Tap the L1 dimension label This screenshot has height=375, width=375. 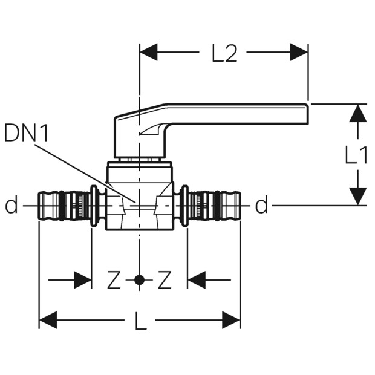(x=356, y=155)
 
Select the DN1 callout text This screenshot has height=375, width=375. (x=26, y=132)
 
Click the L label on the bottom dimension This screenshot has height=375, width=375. (x=141, y=321)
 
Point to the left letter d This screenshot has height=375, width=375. (x=11, y=204)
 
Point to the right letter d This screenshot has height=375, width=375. (x=261, y=204)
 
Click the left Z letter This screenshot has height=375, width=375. (x=114, y=279)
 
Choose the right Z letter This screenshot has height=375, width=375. (x=165, y=279)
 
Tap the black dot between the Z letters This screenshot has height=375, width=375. (x=139, y=280)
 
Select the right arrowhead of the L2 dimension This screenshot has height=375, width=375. (x=299, y=52)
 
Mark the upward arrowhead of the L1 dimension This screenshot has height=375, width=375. (x=358, y=113)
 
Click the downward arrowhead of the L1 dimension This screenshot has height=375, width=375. (x=358, y=196)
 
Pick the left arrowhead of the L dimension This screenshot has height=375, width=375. (x=48, y=320)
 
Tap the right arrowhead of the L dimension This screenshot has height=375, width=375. (x=231, y=320)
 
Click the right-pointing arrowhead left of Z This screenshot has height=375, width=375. (x=83, y=280)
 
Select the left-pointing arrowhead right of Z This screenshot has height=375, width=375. (x=197, y=280)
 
